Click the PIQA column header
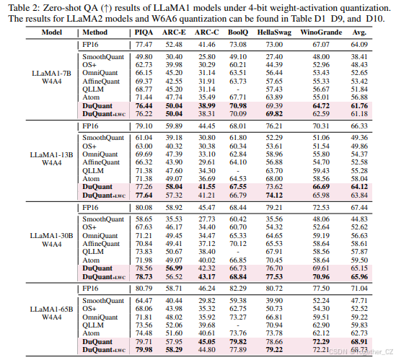click(x=144, y=33)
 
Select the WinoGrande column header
click(x=322, y=33)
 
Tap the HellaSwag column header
click(x=273, y=33)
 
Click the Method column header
click(x=96, y=33)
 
